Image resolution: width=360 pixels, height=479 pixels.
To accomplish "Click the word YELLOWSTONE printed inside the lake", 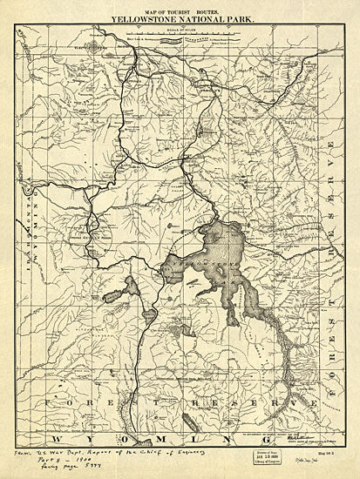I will [202, 262].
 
